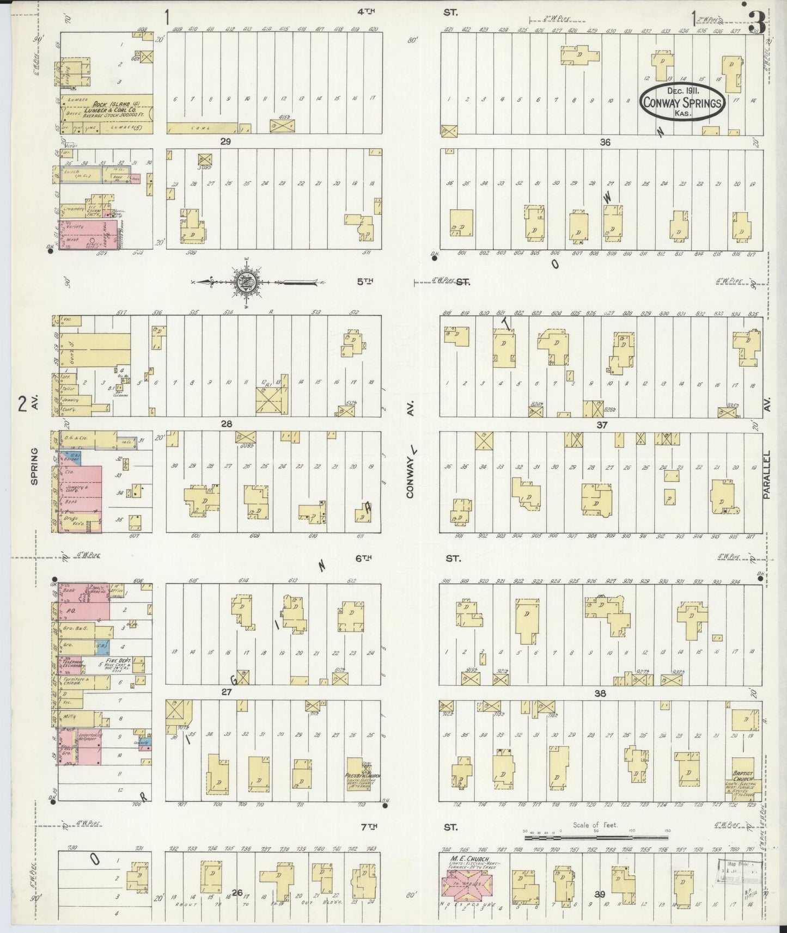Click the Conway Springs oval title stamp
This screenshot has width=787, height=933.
coord(682,102)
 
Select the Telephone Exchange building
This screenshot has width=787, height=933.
coord(72,664)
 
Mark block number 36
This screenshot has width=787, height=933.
coord(605,142)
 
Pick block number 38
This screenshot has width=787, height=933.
coord(600,693)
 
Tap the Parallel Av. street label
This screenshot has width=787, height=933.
coord(767,475)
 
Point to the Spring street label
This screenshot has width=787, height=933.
coord(34,467)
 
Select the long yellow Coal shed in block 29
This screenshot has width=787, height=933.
coord(202,128)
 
